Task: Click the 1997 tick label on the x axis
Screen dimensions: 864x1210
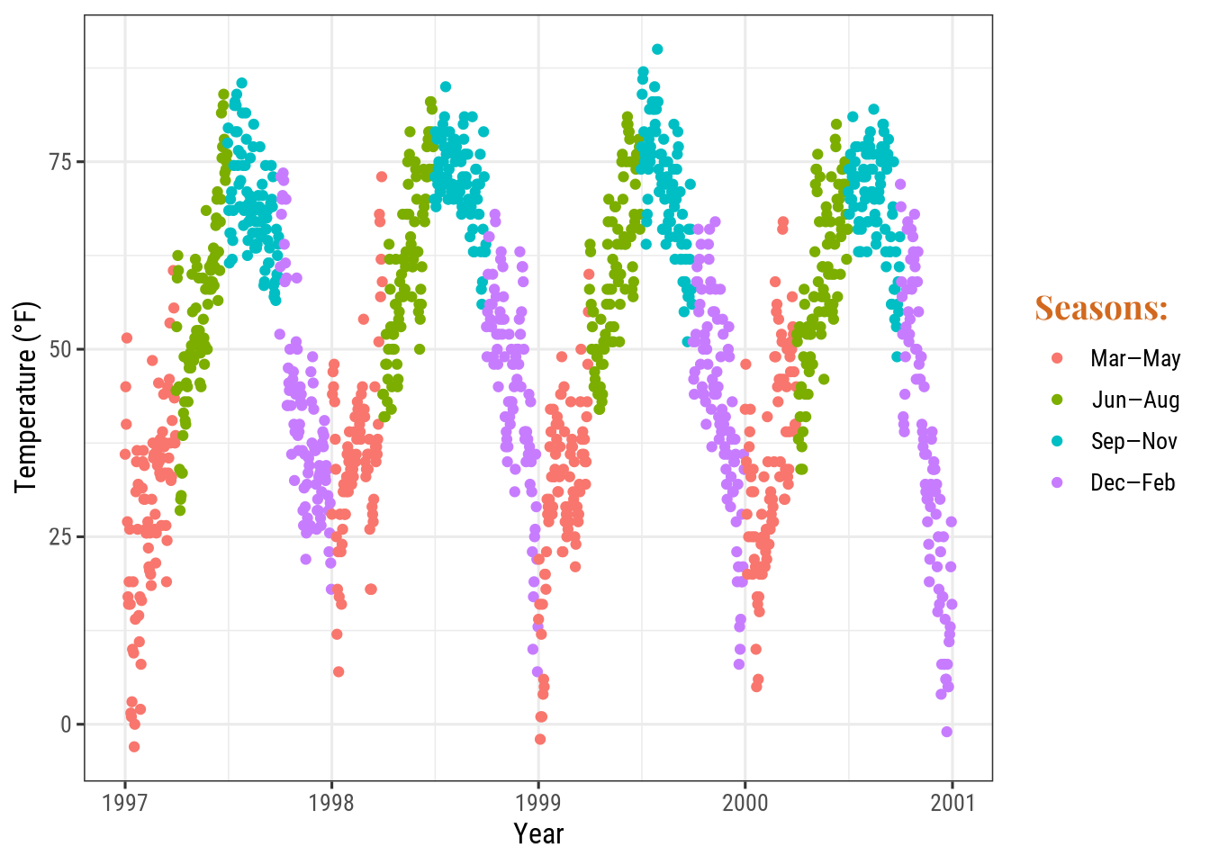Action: point(125,803)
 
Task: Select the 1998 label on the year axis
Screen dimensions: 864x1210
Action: point(331,803)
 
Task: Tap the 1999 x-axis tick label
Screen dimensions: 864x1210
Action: point(538,803)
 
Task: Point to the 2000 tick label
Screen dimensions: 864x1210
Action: point(745,803)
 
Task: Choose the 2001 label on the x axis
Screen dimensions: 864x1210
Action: point(953,803)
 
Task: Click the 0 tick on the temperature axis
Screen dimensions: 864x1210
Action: point(67,724)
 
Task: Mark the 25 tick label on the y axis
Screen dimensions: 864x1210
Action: point(61,537)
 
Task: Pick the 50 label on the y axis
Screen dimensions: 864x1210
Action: point(61,349)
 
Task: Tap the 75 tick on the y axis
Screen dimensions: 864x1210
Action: point(61,162)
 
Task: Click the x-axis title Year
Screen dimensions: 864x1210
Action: point(538,834)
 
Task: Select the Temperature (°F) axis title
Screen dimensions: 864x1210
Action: point(27,398)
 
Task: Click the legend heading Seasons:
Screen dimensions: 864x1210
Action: point(1101,309)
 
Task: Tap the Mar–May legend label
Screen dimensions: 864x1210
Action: point(1134,359)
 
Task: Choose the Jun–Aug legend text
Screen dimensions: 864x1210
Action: point(1134,400)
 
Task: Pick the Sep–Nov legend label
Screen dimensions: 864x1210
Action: point(1133,442)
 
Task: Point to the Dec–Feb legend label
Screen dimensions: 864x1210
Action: point(1133,483)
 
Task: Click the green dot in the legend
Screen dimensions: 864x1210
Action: point(1057,400)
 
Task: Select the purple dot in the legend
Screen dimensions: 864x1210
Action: point(1057,482)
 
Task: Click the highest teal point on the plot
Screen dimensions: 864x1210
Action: point(657,49)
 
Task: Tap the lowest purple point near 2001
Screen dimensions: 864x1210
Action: point(946,732)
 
